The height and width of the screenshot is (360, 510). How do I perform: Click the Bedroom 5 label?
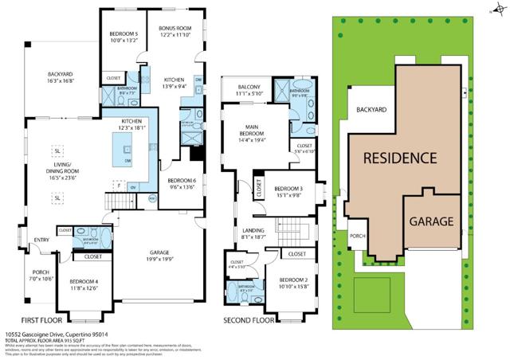[x=124, y=33]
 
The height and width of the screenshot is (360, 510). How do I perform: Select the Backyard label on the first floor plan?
[x=61, y=76]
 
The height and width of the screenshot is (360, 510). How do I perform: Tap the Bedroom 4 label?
[x=84, y=282]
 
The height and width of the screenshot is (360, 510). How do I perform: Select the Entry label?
[x=41, y=239]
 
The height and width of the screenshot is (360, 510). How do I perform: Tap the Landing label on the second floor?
[x=254, y=232]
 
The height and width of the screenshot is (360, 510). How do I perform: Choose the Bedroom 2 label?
[x=293, y=280]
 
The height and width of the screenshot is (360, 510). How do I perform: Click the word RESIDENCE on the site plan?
[x=399, y=158]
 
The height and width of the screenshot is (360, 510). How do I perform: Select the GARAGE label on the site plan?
[x=431, y=221]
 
